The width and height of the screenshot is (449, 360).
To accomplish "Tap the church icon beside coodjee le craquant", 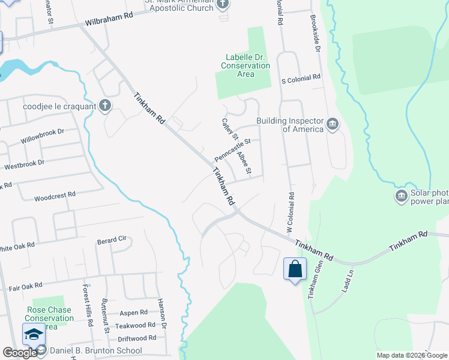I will (x=105, y=106).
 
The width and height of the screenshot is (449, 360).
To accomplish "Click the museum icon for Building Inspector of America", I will (x=333, y=125).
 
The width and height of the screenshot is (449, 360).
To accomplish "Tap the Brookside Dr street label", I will (x=316, y=34).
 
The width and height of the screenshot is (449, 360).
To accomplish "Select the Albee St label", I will (x=243, y=163).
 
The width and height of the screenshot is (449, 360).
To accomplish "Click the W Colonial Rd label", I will (x=290, y=212).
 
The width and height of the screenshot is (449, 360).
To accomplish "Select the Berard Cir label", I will (x=112, y=239).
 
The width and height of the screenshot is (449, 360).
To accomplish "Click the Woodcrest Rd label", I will (x=55, y=196).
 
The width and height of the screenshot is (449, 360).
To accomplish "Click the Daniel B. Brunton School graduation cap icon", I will (x=33, y=333).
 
